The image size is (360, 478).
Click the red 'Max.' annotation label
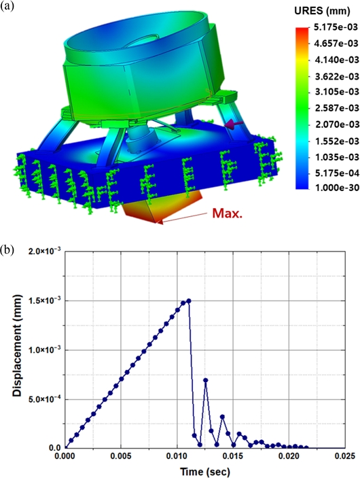click(x=228, y=214)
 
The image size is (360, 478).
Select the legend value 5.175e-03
click(x=335, y=27)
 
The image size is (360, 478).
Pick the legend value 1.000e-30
click(x=335, y=187)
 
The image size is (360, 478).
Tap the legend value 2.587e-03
click(x=335, y=108)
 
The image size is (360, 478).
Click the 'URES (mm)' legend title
click(x=322, y=12)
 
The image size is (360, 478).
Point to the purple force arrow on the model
click(x=234, y=124)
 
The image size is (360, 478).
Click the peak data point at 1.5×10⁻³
click(x=189, y=301)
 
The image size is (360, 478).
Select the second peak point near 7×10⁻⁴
click(x=206, y=380)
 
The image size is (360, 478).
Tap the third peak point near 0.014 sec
click(x=222, y=417)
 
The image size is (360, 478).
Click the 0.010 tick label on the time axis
click(x=177, y=456)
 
